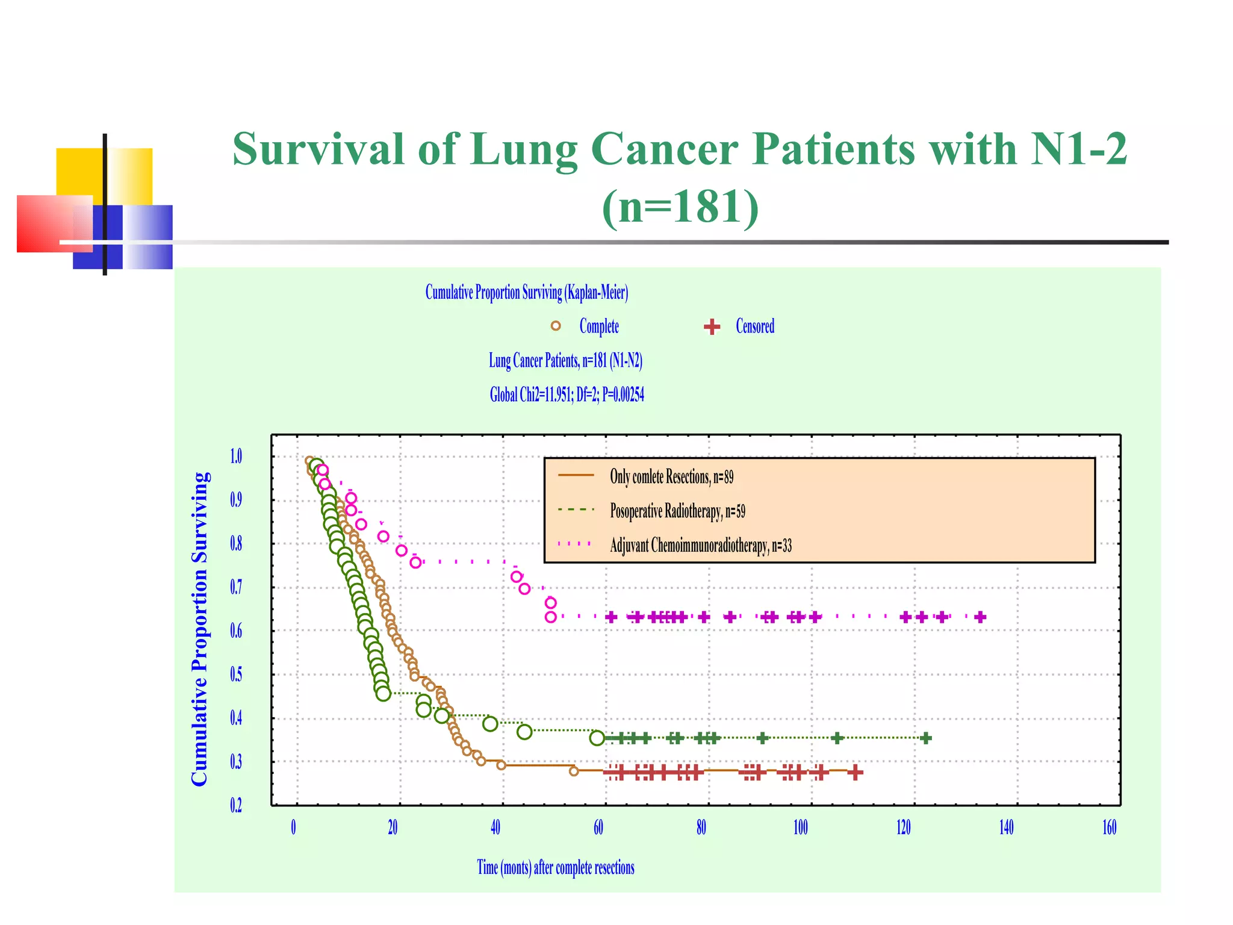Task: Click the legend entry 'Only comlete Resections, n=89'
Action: pos(671,477)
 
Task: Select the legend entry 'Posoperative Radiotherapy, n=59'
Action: pos(677,511)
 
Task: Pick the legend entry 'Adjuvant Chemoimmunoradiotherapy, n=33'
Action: pos(700,546)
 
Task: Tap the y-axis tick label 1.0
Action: pos(236,456)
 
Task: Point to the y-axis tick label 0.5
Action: pos(236,674)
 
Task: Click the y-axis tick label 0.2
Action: pos(236,805)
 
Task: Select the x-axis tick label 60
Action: pos(598,827)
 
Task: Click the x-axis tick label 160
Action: pos(1109,827)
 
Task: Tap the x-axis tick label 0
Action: pos(293,827)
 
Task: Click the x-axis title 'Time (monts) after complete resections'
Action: pos(555,867)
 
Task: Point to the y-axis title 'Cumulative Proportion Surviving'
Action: pos(199,629)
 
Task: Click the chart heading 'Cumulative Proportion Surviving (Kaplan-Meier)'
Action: pos(526,293)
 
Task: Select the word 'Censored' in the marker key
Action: pos(755,326)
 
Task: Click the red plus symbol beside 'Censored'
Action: pos(712,326)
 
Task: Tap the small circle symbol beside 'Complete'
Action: pos(556,326)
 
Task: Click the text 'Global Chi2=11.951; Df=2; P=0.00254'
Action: pos(567,395)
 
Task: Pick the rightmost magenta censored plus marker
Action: pos(980,617)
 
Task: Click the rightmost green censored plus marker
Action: pos(927,738)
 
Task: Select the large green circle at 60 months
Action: pos(597,738)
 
